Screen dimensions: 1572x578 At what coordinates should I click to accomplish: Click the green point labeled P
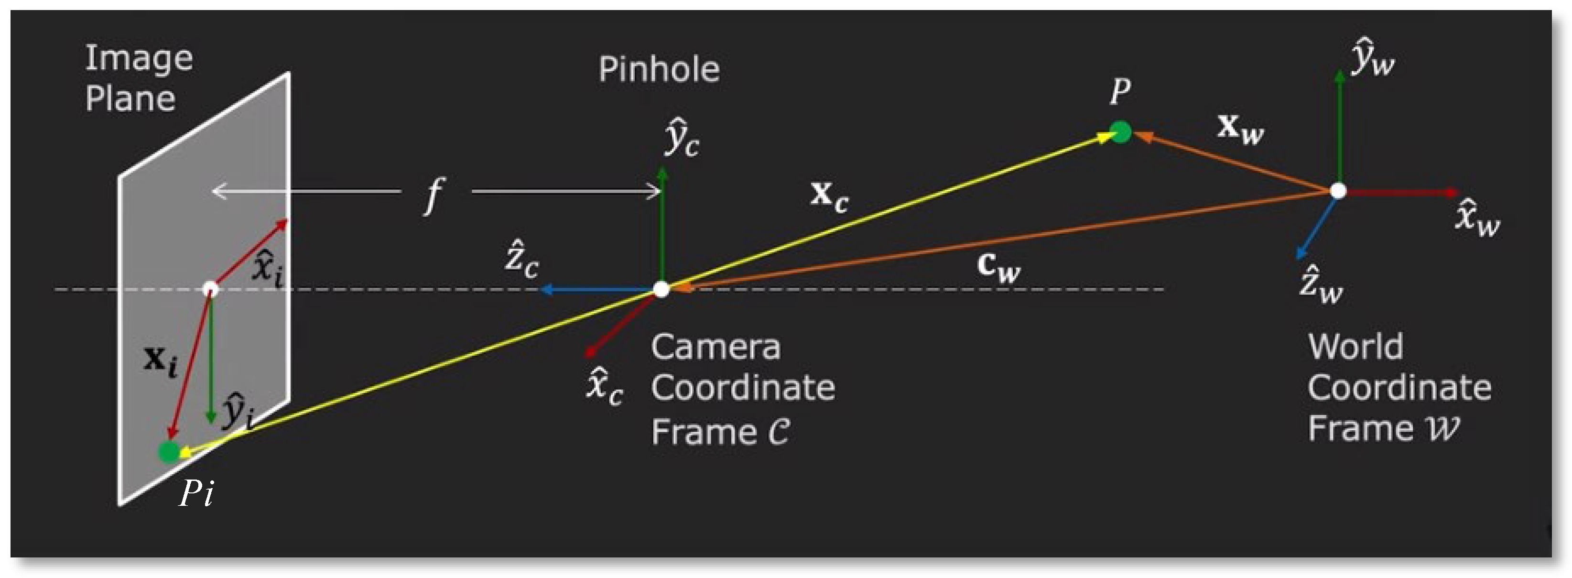(x=1120, y=132)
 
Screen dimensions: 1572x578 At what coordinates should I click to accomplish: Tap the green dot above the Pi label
(x=169, y=452)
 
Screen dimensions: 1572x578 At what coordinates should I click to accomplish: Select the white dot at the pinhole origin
(x=661, y=289)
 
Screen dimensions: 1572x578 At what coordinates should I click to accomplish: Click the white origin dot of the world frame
(x=1338, y=191)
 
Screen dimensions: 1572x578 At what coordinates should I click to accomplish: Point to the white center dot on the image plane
(x=210, y=289)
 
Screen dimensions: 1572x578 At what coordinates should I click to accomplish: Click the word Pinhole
(x=659, y=69)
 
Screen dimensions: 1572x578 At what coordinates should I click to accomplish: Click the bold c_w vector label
(x=998, y=267)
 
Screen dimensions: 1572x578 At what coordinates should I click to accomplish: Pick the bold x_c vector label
(x=829, y=196)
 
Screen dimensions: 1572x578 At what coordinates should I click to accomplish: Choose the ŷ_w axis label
(x=1372, y=57)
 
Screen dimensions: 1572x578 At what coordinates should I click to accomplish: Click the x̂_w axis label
(x=1477, y=218)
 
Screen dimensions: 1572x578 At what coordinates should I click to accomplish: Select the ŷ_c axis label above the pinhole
(x=682, y=139)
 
